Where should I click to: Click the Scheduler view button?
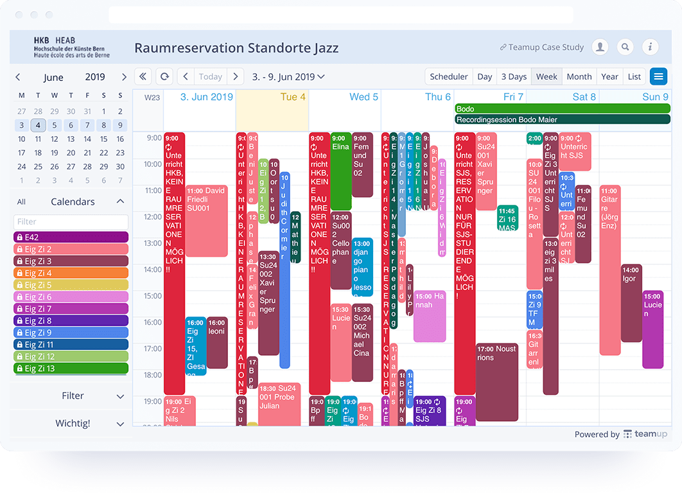pos(448,76)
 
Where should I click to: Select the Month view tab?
pos(579,76)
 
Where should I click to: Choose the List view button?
pos(634,76)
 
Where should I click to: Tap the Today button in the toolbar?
pos(210,76)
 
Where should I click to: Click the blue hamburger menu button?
pos(658,76)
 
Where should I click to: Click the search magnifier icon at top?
pos(625,47)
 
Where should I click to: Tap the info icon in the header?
pos(650,47)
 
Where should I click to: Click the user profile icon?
pos(600,47)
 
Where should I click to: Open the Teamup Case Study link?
pos(543,47)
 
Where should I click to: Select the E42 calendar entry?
pos(71,237)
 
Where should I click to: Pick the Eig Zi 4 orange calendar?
pos(71,273)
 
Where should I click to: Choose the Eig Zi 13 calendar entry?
pos(71,368)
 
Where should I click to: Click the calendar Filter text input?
pos(71,221)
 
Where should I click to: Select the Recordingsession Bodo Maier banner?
pos(562,119)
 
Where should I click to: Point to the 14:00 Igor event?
pos(631,302)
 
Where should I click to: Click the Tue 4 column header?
pos(272,96)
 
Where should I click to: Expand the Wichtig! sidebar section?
pos(71,424)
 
